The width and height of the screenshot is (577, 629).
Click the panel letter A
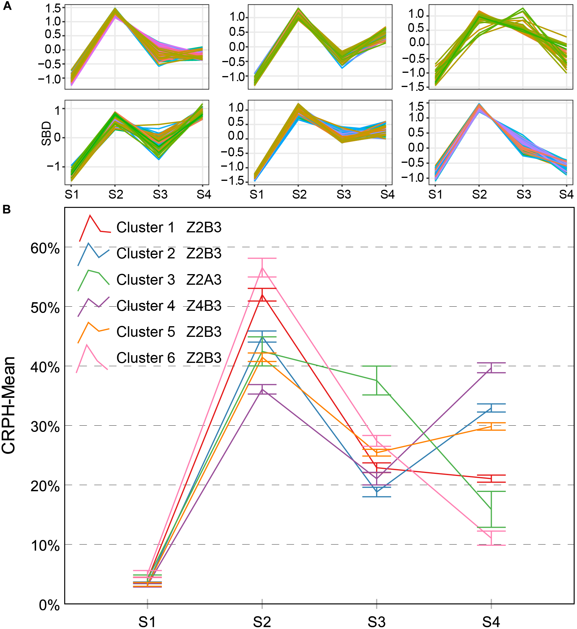tap(7, 6)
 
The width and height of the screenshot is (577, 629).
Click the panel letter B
tap(7, 209)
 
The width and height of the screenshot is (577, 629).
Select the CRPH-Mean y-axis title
tap(9, 405)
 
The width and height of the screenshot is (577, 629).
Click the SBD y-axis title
tap(46, 134)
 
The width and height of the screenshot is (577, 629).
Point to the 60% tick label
tap(45, 249)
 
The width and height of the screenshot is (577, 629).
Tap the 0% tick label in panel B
tap(49, 605)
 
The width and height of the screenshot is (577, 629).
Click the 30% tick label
tap(45, 427)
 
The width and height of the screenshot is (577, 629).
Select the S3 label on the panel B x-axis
tap(376, 622)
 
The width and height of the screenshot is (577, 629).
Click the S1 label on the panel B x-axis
tap(147, 622)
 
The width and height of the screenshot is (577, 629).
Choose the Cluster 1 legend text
tap(146, 227)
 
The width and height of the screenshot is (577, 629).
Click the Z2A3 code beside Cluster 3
tap(204, 279)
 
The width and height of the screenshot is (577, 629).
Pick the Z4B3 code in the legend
tap(204, 306)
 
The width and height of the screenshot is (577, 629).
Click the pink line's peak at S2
tap(262, 268)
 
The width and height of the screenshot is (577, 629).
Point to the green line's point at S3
tap(377, 380)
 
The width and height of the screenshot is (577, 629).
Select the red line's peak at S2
tap(262, 295)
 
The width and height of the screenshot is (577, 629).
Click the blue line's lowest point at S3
tap(377, 492)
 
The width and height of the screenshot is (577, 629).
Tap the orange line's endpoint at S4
tap(491, 426)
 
